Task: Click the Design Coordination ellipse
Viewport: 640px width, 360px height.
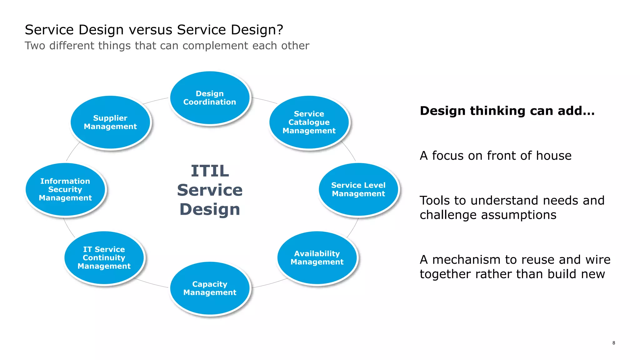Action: click(210, 98)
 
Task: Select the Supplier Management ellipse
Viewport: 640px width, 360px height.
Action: click(110, 122)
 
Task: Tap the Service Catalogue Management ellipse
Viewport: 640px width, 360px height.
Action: click(309, 122)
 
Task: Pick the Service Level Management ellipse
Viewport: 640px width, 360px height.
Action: click(358, 189)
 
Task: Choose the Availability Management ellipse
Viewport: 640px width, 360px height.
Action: click(317, 258)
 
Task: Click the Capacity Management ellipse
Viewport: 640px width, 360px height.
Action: click(210, 288)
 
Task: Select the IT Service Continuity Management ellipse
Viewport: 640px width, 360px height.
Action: click(104, 258)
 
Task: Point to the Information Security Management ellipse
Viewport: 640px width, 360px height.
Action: click(65, 189)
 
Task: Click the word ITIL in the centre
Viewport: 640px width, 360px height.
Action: click(210, 171)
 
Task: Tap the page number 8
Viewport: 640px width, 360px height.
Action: click(614, 343)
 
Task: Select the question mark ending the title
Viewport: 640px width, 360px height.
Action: click(280, 30)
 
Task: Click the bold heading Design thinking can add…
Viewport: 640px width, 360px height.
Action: click(507, 111)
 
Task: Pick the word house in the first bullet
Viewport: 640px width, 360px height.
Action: click(553, 156)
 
